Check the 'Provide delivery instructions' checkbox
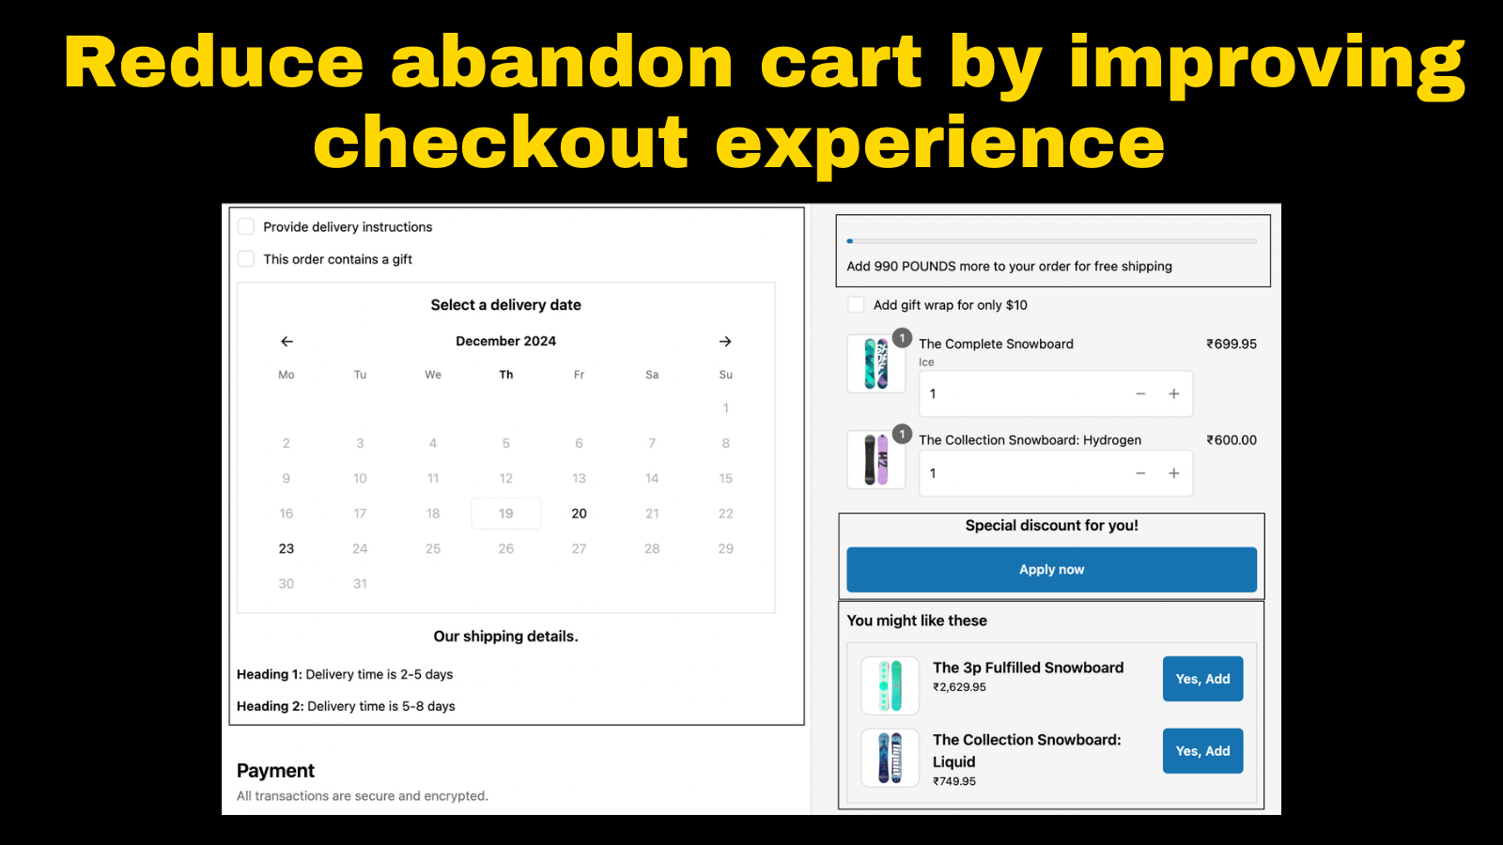246,226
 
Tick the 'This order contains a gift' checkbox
246,259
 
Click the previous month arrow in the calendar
287,342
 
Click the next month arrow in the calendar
725,342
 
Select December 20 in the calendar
579,514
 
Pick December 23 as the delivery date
287,548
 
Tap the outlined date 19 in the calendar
506,514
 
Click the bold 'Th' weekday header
506,375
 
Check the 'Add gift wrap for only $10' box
856,304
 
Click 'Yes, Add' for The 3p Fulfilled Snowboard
1203,679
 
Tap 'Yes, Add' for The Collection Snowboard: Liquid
1203,751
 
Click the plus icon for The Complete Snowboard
1173,393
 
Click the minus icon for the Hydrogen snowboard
1140,473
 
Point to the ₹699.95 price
1232,344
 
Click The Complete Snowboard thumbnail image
876,363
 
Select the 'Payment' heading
275,771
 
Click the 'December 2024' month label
506,341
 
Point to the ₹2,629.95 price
959,686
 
